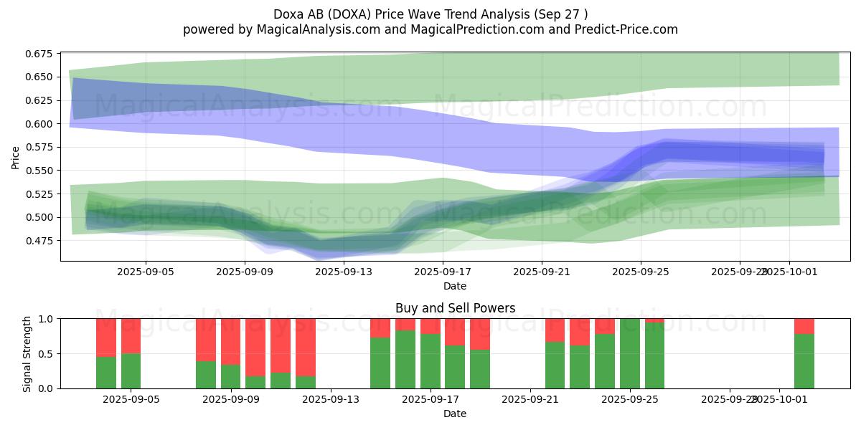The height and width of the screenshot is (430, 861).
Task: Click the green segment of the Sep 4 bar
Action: coord(106,372)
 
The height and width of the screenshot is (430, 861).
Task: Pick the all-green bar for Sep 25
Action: coord(630,353)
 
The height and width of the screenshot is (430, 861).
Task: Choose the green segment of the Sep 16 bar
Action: coord(405,359)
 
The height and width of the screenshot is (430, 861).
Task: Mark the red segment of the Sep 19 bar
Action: coord(480,334)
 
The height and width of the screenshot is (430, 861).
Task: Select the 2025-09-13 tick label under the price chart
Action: coord(344,272)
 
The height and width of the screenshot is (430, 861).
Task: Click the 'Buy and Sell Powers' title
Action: coord(455,308)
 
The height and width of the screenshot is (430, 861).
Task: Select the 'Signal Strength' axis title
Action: coord(27,353)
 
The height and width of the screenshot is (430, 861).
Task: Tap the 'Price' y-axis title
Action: coord(16,158)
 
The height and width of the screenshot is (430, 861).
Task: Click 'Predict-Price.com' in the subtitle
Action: coord(626,29)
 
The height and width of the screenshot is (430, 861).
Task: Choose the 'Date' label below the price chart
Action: coord(455,286)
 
